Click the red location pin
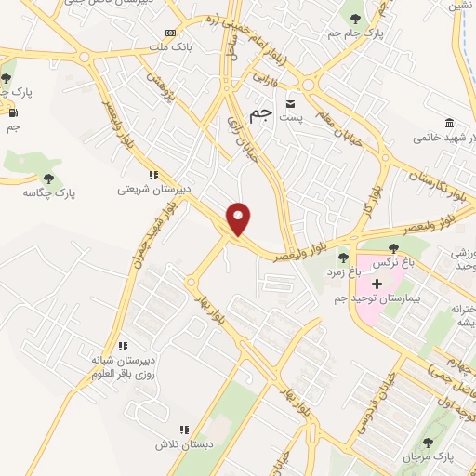[240, 218]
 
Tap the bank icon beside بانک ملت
[168, 31]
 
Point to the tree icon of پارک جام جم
[354, 16]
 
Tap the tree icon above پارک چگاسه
[49, 178]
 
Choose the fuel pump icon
[12, 113]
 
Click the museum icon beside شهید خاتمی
[450, 124]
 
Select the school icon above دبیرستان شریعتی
[153, 173]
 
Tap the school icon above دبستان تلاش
[184, 430]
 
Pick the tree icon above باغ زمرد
[343, 258]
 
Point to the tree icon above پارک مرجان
[428, 443]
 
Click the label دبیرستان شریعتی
[153, 188]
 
